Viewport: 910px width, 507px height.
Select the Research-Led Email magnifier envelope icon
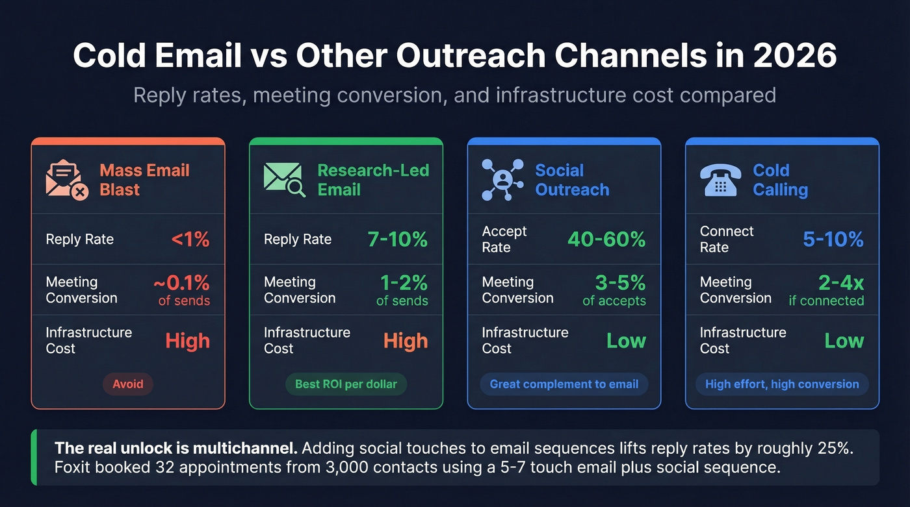tap(285, 180)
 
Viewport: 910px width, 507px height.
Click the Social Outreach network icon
tap(502, 180)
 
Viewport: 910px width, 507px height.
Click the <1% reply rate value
tap(190, 240)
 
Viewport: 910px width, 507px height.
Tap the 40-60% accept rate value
tap(606, 240)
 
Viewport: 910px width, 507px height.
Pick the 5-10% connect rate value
tap(833, 240)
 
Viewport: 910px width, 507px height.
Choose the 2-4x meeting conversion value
tap(841, 283)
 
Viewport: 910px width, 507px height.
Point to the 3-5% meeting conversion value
tap(620, 283)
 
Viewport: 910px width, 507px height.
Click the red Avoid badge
tap(128, 384)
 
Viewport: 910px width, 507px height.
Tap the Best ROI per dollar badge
tap(346, 384)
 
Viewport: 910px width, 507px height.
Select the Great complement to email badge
tap(564, 384)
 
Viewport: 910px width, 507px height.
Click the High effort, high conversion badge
tap(782, 384)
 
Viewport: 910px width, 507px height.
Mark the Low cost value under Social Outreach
tap(626, 341)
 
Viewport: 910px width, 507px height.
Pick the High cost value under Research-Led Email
tap(406, 341)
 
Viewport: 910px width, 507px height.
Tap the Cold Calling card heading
tap(780, 180)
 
